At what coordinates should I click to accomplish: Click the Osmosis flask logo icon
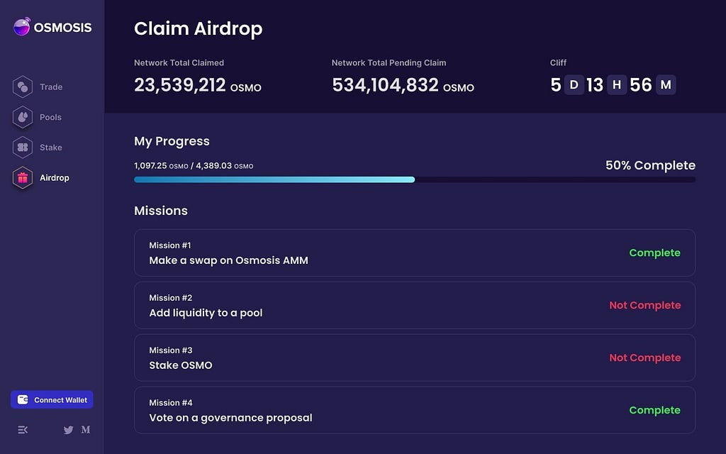pyautogui.click(x=22, y=26)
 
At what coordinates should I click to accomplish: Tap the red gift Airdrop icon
pyautogui.click(x=23, y=178)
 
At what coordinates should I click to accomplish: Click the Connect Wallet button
pyautogui.click(x=52, y=400)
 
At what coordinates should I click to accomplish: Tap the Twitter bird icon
pyautogui.click(x=69, y=430)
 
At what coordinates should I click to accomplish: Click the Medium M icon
pyautogui.click(x=86, y=429)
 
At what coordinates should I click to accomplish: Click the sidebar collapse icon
pyautogui.click(x=23, y=430)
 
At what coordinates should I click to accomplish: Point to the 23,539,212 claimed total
pyautogui.click(x=179, y=85)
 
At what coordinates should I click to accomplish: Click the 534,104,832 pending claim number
pyautogui.click(x=385, y=85)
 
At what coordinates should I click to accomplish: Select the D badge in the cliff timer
pyautogui.click(x=574, y=85)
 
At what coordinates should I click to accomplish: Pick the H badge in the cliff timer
pyautogui.click(x=617, y=85)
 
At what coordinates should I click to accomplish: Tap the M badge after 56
pyautogui.click(x=666, y=85)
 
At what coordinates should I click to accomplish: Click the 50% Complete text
pyautogui.click(x=651, y=165)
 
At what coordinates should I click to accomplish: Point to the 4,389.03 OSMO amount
pyautogui.click(x=225, y=166)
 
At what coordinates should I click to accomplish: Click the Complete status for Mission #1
pyautogui.click(x=654, y=253)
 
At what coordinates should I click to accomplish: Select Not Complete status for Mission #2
pyautogui.click(x=645, y=305)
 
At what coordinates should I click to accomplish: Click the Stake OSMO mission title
pyautogui.click(x=181, y=365)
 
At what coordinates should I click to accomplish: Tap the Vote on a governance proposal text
pyautogui.click(x=230, y=418)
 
